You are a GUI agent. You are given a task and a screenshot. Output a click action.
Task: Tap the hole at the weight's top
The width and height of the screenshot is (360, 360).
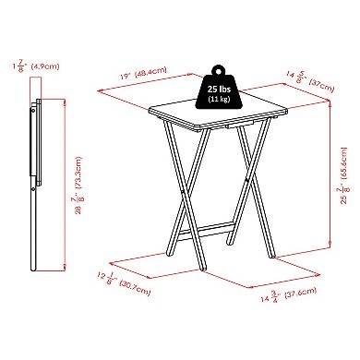[219, 71]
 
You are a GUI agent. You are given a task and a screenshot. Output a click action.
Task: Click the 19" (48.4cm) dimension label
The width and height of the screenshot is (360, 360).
[143, 73]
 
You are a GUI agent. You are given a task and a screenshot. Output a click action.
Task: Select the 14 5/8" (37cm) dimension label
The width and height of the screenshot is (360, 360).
[310, 81]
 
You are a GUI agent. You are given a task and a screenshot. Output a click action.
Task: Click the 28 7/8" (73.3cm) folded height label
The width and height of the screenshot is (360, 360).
[78, 186]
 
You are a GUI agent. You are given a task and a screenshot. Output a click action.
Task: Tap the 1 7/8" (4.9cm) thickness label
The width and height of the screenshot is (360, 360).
[36, 65]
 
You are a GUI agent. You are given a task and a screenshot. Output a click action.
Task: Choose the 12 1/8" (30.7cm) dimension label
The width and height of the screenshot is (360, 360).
[124, 283]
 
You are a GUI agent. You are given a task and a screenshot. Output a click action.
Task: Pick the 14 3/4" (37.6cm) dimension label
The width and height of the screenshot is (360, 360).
[289, 294]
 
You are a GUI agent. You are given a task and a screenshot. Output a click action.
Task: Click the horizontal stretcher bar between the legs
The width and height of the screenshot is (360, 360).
[206, 230]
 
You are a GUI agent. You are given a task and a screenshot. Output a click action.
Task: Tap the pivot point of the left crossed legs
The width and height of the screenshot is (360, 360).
[184, 193]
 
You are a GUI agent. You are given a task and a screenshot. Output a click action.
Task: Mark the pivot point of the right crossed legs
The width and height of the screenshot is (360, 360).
[247, 180]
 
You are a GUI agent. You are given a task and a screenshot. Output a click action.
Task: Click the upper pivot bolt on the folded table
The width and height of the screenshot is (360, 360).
[32, 110]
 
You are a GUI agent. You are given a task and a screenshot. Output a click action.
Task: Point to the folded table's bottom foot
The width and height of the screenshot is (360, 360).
[33, 269]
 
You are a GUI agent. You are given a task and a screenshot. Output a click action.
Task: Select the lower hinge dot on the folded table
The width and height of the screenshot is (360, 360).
[33, 190]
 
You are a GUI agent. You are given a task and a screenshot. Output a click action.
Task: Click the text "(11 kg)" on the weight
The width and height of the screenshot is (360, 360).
[219, 99]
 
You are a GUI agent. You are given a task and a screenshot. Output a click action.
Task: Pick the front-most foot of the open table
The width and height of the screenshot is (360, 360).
[202, 269]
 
